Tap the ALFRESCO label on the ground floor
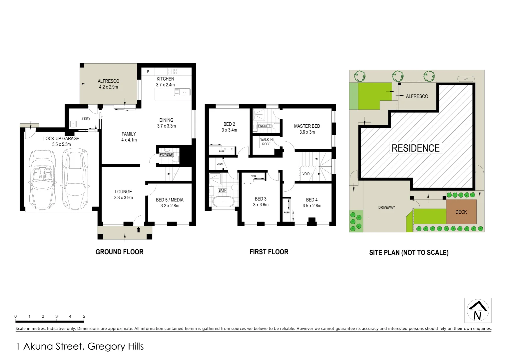pos(108,81)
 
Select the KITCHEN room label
pos(165,79)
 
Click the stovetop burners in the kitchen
pos(173,71)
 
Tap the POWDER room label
pos(166,154)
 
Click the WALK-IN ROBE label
pos(266,142)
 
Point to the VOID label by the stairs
pos(306,174)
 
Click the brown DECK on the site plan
pos(461,212)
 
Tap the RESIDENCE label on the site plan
pos(415,148)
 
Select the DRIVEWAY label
pos(386,207)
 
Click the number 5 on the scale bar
pos(84,316)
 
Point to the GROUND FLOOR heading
pos(119,252)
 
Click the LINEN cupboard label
pos(219,164)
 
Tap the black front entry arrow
pos(139,229)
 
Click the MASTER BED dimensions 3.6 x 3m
pos(307,132)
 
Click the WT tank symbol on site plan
pos(465,79)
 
